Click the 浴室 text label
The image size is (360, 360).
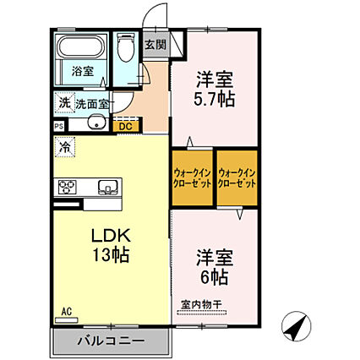pyautogui.click(x=82, y=72)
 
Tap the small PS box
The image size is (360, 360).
pyautogui.click(x=59, y=127)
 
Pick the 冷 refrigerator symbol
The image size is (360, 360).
pyautogui.click(x=65, y=147)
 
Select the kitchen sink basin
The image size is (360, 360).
pyautogui.click(x=108, y=187)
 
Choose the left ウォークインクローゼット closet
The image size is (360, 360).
pyautogui.click(x=192, y=177)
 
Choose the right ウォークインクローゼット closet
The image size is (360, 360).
pyautogui.click(x=236, y=177)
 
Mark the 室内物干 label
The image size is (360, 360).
pyautogui.click(x=200, y=305)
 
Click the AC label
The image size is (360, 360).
pyautogui.click(x=66, y=311)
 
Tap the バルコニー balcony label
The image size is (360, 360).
pyautogui.click(x=112, y=341)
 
